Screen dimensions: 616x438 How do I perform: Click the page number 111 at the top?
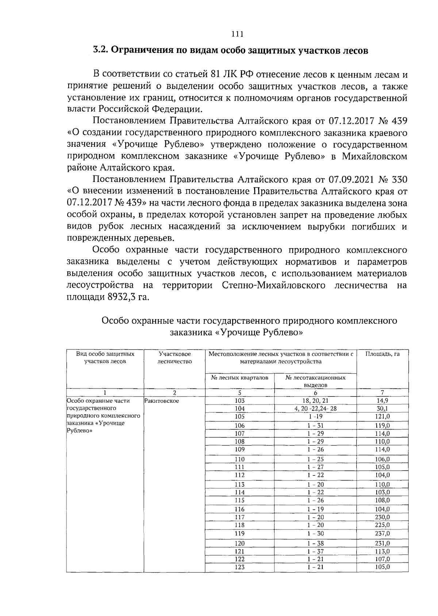click(x=237, y=34)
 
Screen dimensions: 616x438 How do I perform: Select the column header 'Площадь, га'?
click(x=383, y=354)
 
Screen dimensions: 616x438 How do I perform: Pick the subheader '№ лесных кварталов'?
click(x=239, y=377)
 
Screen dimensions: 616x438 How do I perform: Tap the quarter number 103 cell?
click(x=239, y=401)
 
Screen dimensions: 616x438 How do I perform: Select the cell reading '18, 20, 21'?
click(x=315, y=401)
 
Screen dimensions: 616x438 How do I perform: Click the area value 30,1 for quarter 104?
click(x=383, y=409)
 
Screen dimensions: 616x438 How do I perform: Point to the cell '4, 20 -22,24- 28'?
click(x=315, y=409)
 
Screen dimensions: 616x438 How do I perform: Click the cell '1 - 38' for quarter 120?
click(x=315, y=543)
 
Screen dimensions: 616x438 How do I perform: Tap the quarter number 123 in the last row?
click(x=239, y=567)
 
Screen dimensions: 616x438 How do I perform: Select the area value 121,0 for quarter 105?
click(x=383, y=417)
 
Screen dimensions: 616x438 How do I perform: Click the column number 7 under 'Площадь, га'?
click(x=383, y=393)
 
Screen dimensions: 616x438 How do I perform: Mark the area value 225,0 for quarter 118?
click(x=383, y=525)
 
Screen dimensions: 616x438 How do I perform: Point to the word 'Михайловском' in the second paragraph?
click(x=374, y=156)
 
